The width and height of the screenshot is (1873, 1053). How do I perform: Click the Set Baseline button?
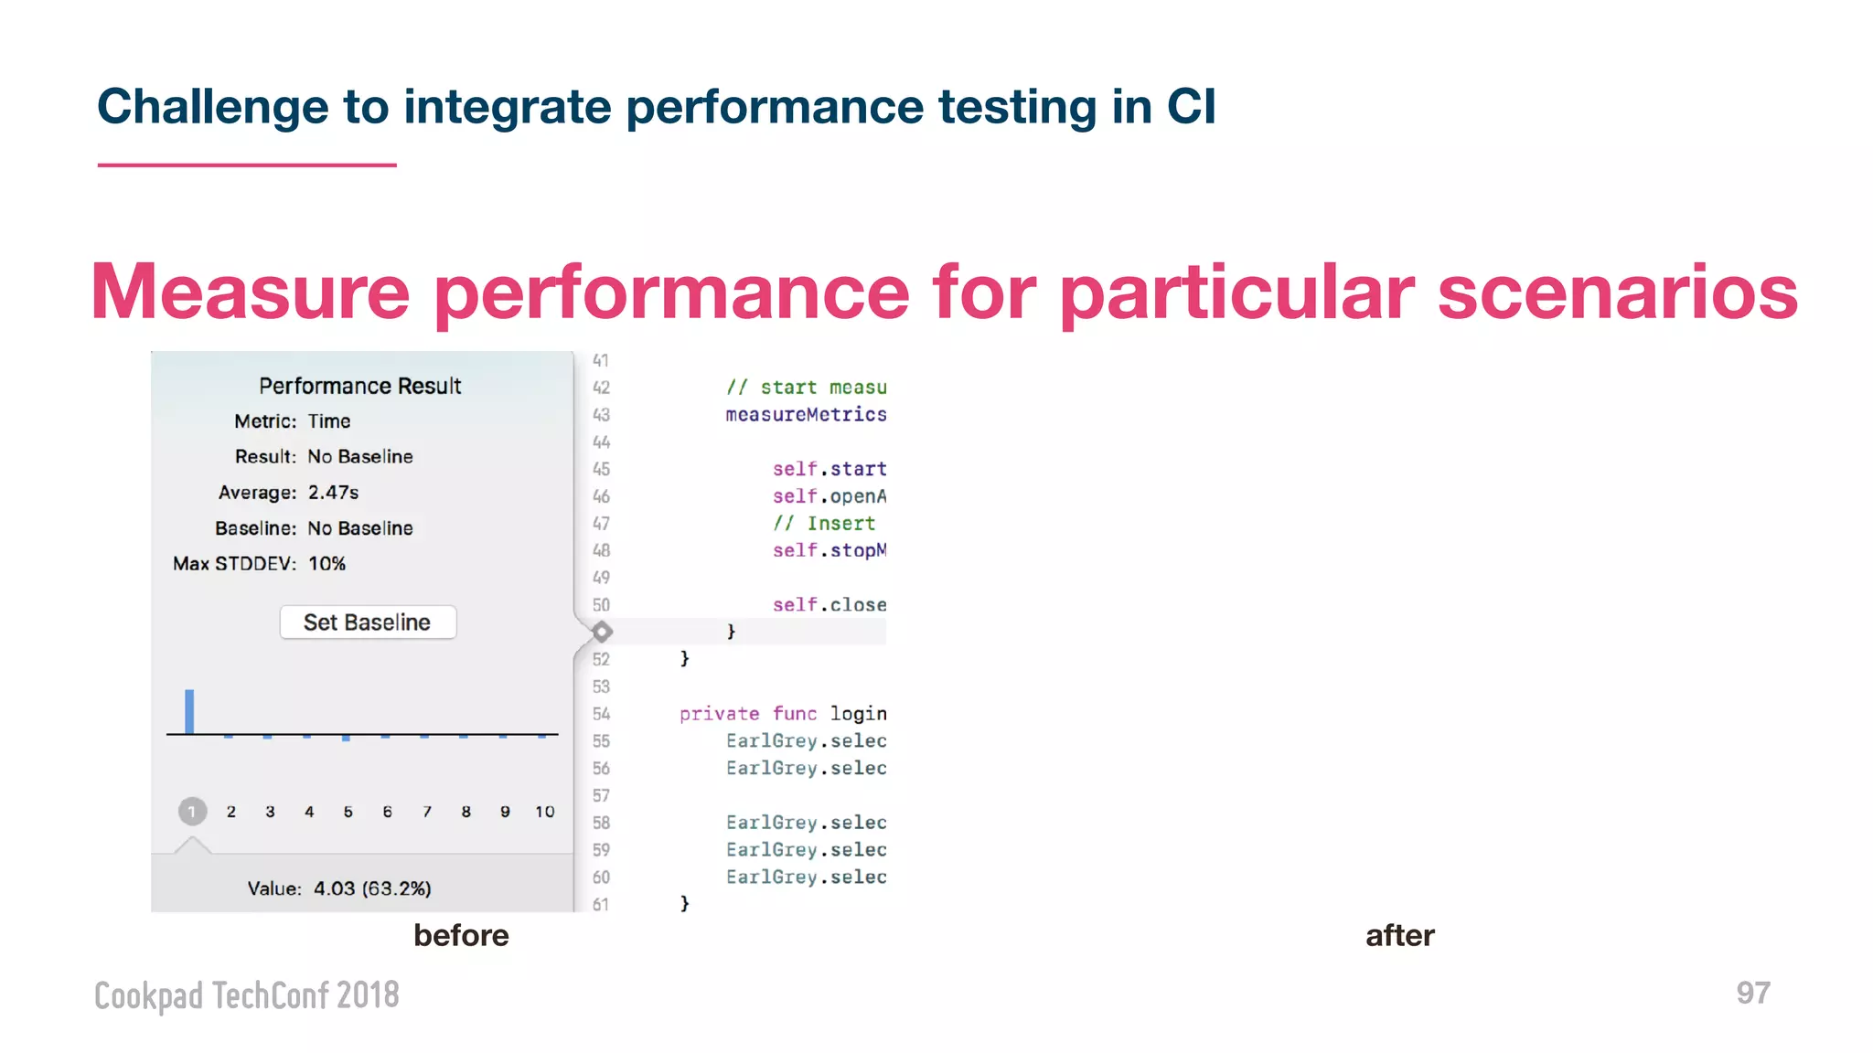click(367, 622)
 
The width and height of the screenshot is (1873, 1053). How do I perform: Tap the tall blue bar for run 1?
click(189, 711)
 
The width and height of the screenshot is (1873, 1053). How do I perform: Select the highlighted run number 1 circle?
click(192, 811)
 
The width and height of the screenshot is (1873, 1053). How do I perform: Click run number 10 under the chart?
click(544, 812)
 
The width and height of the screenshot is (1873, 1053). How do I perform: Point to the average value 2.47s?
click(333, 493)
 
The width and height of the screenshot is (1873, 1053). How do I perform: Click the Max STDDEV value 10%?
click(326, 564)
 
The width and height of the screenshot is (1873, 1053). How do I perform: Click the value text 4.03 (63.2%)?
click(372, 888)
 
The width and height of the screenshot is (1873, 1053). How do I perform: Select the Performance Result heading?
click(359, 386)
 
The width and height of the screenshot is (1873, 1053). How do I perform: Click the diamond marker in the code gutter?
click(602, 632)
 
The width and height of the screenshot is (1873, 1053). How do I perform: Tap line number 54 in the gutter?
click(601, 714)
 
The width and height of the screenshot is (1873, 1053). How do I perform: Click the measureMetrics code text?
click(806, 415)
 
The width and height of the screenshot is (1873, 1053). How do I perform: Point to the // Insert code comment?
click(823, 524)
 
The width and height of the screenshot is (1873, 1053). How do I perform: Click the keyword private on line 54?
click(719, 714)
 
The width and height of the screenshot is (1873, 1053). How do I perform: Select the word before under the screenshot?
click(461, 935)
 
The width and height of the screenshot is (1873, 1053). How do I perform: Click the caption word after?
click(1399, 935)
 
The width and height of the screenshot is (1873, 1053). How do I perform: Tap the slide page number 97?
click(1752, 994)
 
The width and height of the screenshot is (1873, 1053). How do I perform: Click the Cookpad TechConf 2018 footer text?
click(247, 995)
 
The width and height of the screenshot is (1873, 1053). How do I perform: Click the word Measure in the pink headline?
click(250, 292)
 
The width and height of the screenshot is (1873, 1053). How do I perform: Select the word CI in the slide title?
click(1191, 107)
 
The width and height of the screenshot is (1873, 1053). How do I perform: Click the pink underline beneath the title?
click(247, 165)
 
